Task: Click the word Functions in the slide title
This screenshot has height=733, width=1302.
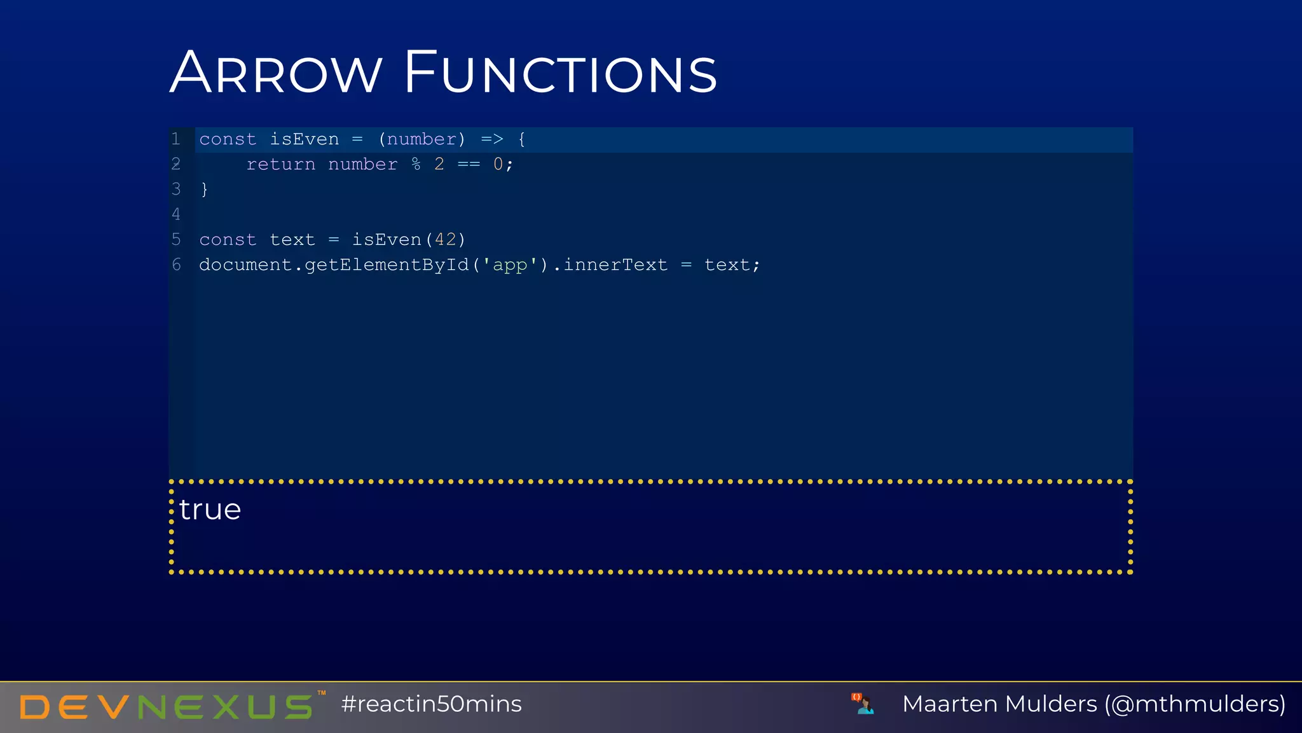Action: [561, 73]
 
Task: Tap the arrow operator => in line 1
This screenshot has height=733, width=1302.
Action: [492, 139]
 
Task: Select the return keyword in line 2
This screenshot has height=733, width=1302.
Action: [281, 165]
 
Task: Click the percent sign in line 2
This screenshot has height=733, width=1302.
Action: [416, 165]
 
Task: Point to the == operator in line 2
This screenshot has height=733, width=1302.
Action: [469, 165]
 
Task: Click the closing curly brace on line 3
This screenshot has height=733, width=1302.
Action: [204, 190]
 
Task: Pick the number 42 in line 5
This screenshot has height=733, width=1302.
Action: [445, 240]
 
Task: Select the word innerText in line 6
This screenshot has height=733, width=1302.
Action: [615, 265]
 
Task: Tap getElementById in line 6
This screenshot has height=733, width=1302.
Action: [387, 265]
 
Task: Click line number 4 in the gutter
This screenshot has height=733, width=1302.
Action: [176, 214]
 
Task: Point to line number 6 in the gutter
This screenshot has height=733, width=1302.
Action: [176, 265]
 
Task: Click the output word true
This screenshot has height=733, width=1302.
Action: [210, 510]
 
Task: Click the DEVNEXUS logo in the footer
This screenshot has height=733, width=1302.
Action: [167, 706]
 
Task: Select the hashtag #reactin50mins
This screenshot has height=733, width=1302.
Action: [431, 704]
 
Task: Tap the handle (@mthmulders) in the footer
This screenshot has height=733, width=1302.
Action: [1195, 704]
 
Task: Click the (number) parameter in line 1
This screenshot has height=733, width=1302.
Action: [422, 139]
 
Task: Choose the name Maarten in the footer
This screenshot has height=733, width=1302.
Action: [950, 704]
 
